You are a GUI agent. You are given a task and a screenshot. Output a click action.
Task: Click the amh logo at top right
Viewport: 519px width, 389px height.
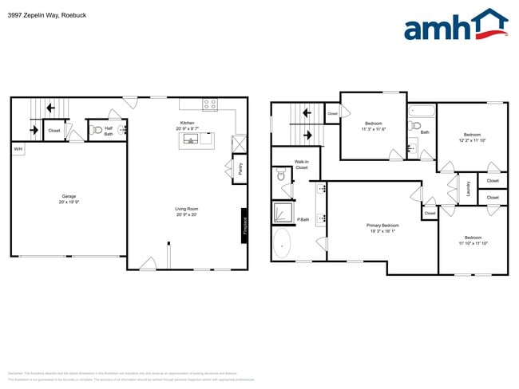click(455, 26)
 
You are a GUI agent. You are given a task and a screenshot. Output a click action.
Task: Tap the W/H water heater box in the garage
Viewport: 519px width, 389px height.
click(17, 148)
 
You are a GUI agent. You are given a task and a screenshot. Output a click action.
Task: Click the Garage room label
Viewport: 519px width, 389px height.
click(69, 198)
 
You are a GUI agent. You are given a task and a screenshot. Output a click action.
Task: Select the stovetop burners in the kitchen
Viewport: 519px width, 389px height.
click(210, 104)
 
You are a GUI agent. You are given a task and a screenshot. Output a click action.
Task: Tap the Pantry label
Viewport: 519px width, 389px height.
click(240, 168)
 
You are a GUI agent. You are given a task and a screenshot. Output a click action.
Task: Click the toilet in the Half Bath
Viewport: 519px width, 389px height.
click(93, 129)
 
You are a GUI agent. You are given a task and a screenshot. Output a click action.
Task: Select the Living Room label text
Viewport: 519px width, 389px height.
click(187, 209)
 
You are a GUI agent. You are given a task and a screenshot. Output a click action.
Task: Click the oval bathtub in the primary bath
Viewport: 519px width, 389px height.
click(283, 243)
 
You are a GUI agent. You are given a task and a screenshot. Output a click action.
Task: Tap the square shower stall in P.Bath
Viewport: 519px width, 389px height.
click(283, 211)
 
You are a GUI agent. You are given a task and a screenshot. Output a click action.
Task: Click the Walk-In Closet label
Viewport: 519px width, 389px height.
click(301, 166)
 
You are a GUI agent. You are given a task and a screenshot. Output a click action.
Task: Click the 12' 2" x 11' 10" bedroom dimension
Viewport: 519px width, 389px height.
click(473, 141)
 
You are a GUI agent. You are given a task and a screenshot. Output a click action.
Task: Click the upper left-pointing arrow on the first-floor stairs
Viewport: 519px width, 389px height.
click(50, 107)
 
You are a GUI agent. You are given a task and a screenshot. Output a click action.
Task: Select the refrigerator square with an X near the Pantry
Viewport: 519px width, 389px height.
click(237, 143)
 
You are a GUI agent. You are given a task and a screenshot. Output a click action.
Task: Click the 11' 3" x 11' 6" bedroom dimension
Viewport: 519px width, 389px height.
click(374, 129)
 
